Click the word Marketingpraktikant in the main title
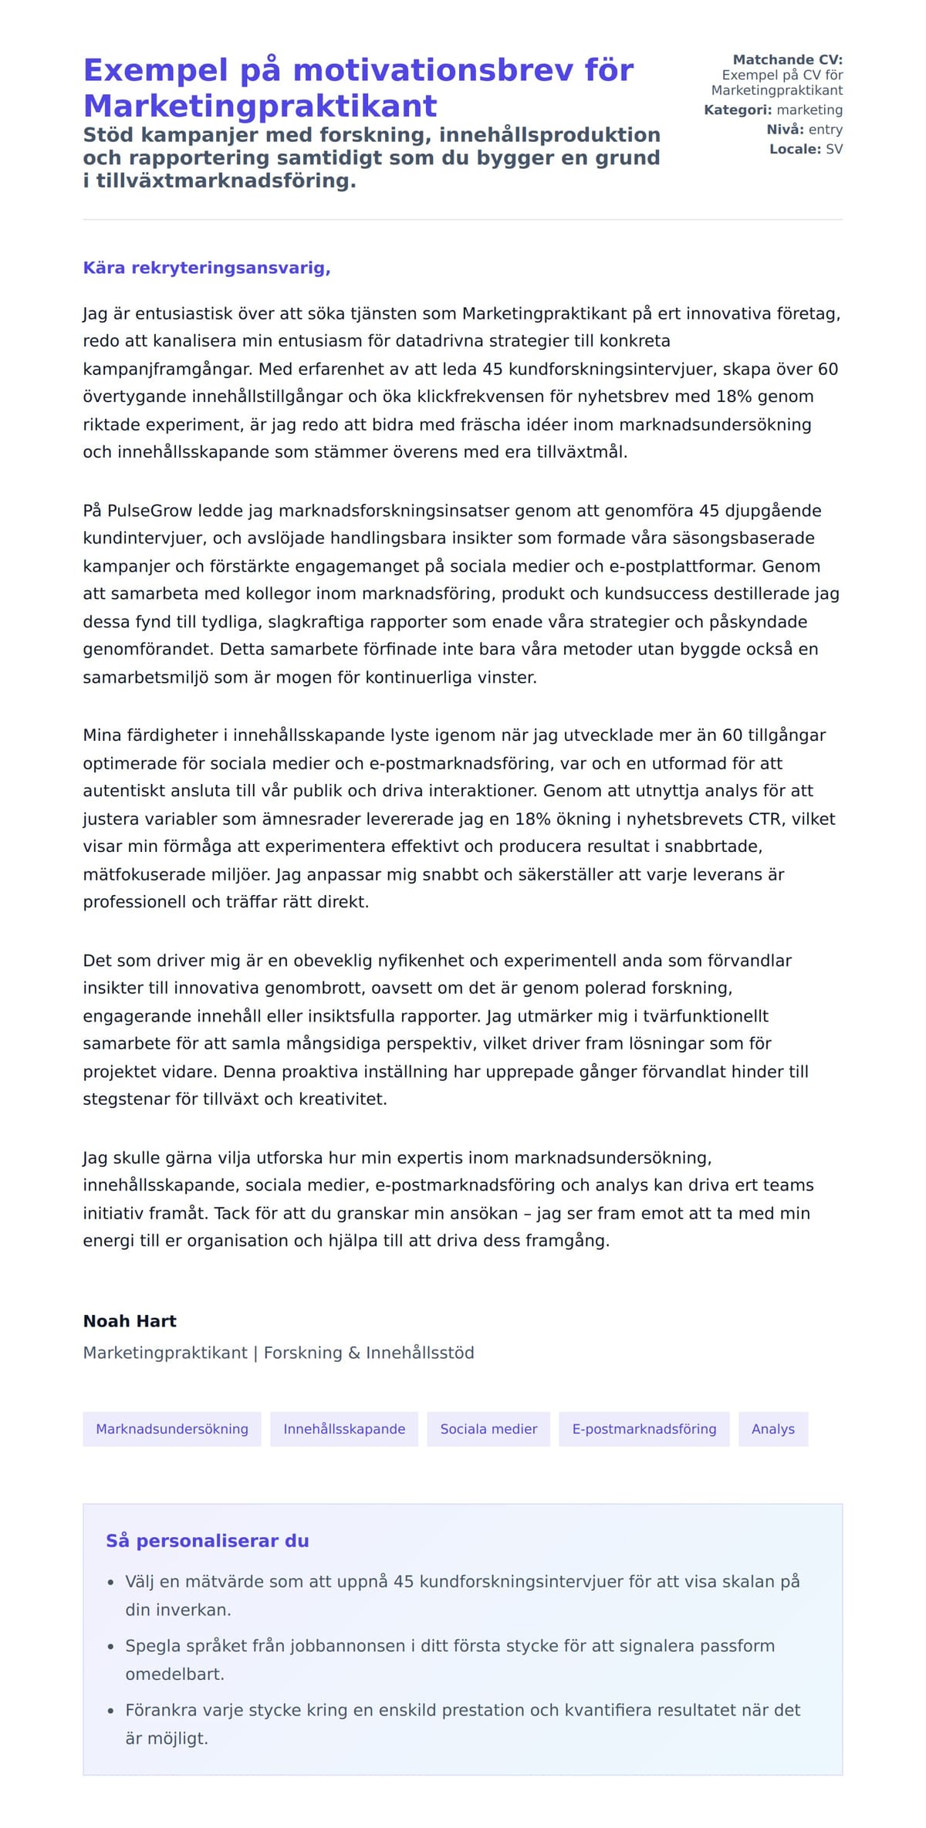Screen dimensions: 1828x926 pos(260,106)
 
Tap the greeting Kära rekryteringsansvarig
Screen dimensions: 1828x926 pos(207,268)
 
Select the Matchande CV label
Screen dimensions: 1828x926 pos(787,59)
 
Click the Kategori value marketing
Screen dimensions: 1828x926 pos(809,110)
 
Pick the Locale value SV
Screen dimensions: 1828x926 pos(833,149)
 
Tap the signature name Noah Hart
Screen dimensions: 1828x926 pos(130,1321)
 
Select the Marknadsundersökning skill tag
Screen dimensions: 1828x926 pos(172,1429)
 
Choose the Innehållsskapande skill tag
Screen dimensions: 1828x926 pos(344,1429)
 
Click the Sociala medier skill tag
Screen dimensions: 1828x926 pos(488,1429)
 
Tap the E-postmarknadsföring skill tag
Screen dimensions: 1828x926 pos(644,1429)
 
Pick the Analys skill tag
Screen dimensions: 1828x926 pos(772,1429)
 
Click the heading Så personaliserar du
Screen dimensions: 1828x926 pos(207,1541)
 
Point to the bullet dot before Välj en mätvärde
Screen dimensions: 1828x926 pos(111,1583)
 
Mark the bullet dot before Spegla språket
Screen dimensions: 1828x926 pos(111,1647)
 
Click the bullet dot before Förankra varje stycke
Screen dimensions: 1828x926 pos(111,1711)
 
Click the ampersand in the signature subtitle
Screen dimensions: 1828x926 pos(354,1353)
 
